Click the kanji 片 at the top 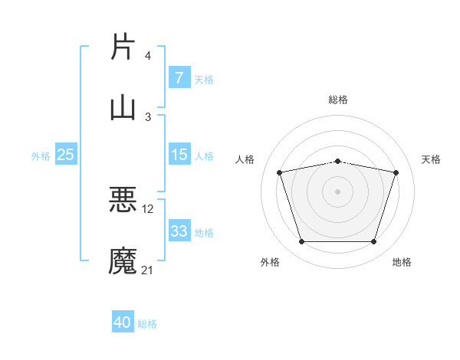pos(123,47)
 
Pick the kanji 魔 pos(123,260)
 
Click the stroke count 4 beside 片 pos(148,56)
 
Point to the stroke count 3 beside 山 pos(148,116)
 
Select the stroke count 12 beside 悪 pos(148,208)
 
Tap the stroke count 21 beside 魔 pos(148,270)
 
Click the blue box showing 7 pos(179,77)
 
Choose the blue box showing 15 pos(179,155)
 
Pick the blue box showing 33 pos(179,231)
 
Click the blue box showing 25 pos(66,155)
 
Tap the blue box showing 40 pos(123,322)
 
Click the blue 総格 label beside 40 pos(148,324)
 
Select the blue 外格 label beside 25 pos(41,155)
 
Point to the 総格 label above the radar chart pos(337,100)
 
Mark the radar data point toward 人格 pos(280,172)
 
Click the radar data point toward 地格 pos(373,242)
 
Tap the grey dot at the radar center pos(337,191)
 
